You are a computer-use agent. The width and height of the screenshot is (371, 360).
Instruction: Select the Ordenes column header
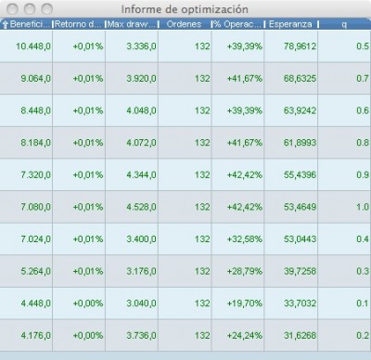click(185, 23)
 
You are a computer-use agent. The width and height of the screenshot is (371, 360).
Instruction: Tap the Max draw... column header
click(132, 23)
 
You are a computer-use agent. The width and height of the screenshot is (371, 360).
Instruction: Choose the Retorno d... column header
click(79, 23)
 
